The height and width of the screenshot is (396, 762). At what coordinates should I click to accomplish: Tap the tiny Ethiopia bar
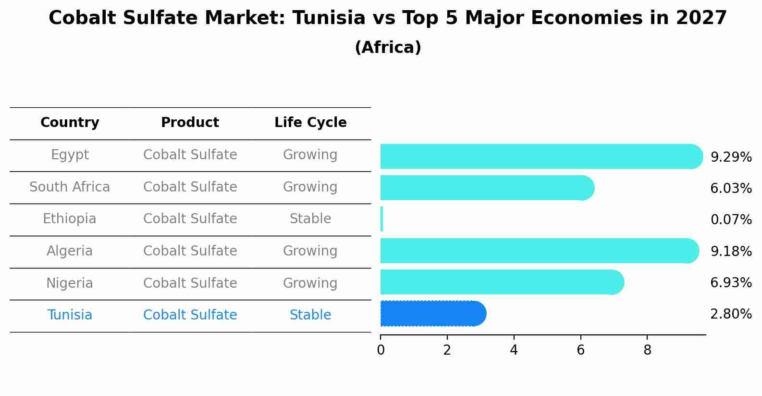tap(381, 219)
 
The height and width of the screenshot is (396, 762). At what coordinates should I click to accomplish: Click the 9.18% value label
tap(731, 251)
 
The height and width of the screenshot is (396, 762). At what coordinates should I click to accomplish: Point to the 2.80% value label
tap(731, 314)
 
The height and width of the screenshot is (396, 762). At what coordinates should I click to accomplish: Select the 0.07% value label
tap(731, 220)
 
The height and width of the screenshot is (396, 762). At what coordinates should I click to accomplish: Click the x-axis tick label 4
tap(514, 351)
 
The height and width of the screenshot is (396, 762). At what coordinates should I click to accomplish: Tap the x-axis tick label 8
tap(647, 351)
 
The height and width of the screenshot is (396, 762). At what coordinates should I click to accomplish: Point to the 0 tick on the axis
tap(381, 351)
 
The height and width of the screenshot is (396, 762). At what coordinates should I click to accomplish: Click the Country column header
tap(70, 123)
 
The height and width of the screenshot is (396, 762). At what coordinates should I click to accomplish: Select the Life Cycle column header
tap(310, 123)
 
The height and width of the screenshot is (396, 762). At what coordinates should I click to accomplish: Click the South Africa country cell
tap(70, 187)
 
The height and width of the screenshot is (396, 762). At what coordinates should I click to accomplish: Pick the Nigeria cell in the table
tap(70, 283)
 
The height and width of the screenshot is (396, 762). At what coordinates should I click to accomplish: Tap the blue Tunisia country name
tap(70, 315)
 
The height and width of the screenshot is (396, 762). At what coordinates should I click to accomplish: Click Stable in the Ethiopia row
tap(310, 219)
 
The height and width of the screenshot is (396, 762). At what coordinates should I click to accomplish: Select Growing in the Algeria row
tap(310, 251)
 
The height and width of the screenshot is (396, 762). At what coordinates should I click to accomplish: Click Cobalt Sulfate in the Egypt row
tap(190, 155)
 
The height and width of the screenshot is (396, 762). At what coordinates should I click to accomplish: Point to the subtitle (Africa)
tap(388, 48)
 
